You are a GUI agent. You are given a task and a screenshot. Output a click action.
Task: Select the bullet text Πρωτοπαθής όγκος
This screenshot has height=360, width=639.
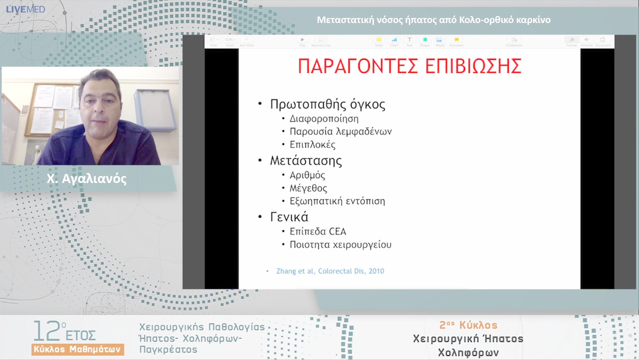point(327,104)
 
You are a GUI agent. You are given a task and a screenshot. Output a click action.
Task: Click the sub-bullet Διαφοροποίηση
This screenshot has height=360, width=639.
point(324,118)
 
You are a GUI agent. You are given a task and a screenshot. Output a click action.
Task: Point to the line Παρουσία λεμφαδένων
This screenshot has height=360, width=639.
point(340,131)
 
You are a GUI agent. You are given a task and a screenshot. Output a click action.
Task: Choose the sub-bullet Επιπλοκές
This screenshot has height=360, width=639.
point(312,144)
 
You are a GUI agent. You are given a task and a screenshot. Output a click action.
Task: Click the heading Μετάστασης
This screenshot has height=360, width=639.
point(306,160)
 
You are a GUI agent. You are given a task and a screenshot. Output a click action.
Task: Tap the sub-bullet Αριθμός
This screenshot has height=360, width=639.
point(307,175)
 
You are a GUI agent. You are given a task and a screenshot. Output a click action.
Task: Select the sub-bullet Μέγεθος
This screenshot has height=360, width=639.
point(308,188)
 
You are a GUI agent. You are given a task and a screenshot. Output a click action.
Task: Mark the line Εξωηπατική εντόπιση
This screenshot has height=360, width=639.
point(337,201)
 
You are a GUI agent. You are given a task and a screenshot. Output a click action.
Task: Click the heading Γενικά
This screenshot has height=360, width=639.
point(289,217)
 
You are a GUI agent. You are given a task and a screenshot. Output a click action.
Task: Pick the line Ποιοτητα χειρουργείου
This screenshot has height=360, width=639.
point(340,245)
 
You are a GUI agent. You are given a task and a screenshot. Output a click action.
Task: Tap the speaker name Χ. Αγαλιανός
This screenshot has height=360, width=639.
point(86,179)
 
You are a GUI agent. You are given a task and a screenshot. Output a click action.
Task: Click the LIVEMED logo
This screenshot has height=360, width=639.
point(25,9)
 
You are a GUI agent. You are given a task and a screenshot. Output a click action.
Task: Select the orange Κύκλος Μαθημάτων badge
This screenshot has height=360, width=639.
point(78,349)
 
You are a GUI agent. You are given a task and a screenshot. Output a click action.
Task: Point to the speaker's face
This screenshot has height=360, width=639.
point(101,101)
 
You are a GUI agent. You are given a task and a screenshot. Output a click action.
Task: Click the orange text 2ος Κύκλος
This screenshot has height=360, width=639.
point(468,325)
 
